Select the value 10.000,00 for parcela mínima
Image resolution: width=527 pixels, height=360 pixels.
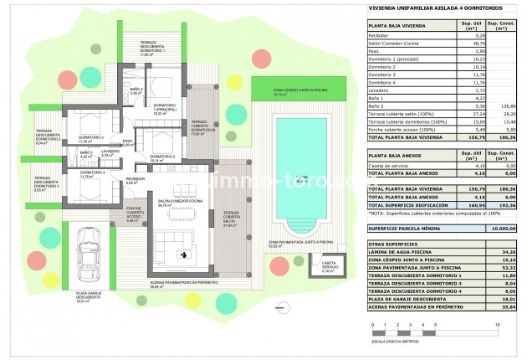[x=500, y=227]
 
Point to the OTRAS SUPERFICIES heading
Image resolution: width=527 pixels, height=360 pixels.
[x=391, y=243]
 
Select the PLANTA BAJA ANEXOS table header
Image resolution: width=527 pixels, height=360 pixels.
[x=398, y=153]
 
